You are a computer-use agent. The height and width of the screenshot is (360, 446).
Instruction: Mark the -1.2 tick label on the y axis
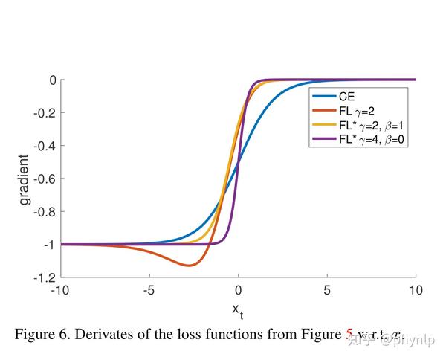[45, 277]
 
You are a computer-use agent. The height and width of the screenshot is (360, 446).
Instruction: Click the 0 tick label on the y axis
[53, 80]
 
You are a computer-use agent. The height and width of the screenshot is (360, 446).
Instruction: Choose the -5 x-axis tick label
[149, 290]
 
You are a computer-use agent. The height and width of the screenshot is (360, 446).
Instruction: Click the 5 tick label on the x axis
[327, 290]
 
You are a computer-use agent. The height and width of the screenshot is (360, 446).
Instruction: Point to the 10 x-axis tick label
[416, 290]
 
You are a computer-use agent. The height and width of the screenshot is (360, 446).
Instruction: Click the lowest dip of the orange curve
[190, 266]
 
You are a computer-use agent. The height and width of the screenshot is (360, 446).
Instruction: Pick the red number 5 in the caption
[349, 334]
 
